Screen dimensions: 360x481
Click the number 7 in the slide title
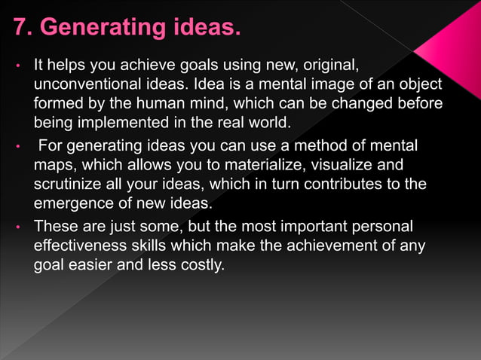tap(20, 29)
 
